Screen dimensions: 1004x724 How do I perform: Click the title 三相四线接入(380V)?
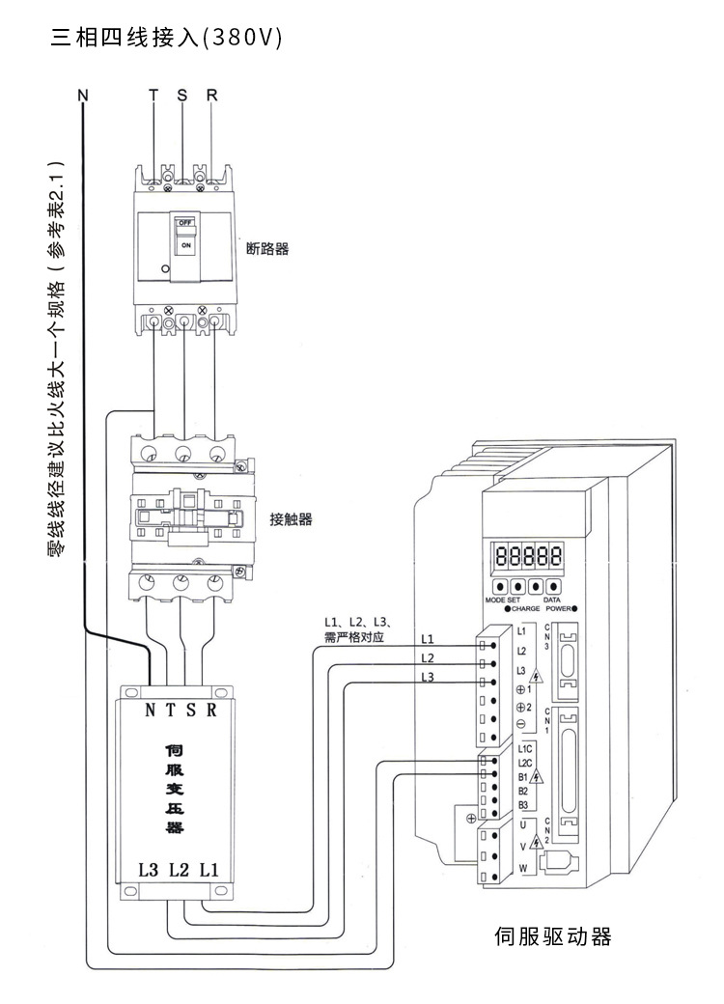pyautogui.click(x=165, y=39)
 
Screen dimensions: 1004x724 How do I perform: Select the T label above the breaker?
pyautogui.click(x=153, y=96)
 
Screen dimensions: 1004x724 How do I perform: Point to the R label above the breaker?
pyautogui.click(x=211, y=96)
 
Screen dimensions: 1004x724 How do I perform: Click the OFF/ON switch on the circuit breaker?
pyautogui.click(x=186, y=235)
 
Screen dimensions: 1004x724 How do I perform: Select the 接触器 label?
pyautogui.click(x=292, y=519)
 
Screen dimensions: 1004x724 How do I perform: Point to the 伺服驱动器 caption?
pyautogui.click(x=553, y=936)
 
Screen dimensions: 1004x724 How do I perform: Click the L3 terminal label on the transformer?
pyautogui.click(x=148, y=869)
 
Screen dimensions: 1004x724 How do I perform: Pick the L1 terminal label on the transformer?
pyautogui.click(x=209, y=869)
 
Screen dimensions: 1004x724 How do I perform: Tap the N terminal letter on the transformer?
pyautogui.click(x=151, y=711)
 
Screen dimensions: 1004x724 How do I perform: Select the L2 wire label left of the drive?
pyautogui.click(x=428, y=657)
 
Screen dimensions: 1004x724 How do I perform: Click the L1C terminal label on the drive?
pyautogui.click(x=525, y=748)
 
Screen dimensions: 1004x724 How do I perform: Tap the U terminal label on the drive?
pyautogui.click(x=521, y=824)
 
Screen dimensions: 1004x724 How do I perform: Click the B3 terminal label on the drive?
pyautogui.click(x=522, y=804)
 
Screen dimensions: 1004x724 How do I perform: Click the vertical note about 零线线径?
pyautogui.click(x=55, y=357)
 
